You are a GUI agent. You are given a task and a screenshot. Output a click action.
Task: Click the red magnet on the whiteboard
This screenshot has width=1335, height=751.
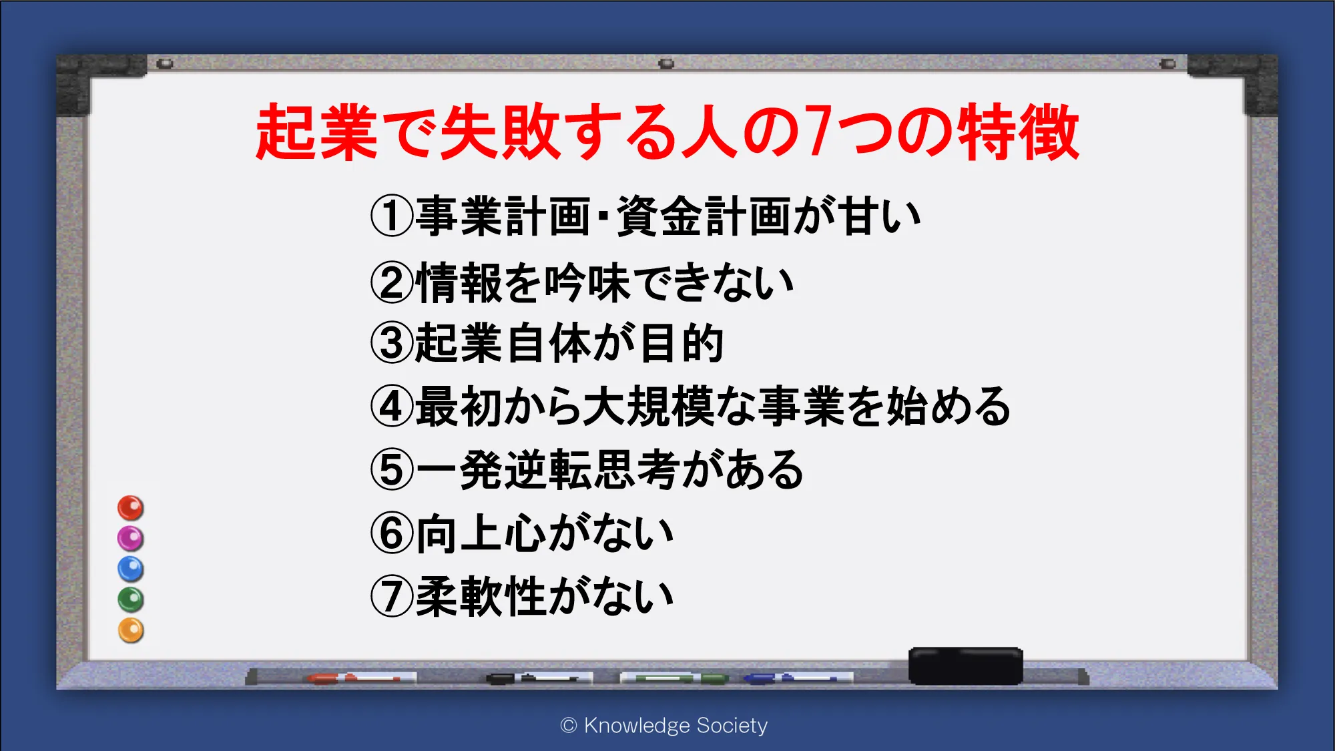[131, 508]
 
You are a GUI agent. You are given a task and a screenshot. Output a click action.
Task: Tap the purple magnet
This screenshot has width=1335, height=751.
[131, 539]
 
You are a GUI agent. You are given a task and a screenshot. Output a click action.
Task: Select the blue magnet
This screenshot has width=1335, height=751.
[131, 569]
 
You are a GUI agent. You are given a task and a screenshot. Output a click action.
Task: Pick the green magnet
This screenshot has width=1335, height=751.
[131, 599]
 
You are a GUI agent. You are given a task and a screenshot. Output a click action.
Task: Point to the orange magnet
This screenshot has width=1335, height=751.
[131, 630]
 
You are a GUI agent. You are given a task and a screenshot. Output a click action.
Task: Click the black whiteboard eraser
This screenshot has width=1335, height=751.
[965, 666]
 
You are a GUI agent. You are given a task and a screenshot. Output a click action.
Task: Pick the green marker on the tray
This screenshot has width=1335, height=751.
[674, 678]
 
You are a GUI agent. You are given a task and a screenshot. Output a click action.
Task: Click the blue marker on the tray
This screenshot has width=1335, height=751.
[798, 678]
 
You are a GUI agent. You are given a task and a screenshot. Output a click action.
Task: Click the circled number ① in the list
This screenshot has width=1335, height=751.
[392, 216]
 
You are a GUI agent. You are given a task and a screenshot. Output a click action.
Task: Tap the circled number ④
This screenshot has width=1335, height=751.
[392, 407]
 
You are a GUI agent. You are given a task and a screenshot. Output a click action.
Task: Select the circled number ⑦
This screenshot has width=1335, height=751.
[392, 597]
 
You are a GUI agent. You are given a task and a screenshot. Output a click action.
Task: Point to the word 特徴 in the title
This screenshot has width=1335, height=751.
[1018, 132]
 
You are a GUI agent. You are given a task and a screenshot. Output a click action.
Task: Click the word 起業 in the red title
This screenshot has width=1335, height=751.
[317, 132]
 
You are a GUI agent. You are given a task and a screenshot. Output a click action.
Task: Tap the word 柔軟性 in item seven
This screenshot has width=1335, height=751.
[481, 597]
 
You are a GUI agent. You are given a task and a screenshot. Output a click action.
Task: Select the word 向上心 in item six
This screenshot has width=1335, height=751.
[481, 534]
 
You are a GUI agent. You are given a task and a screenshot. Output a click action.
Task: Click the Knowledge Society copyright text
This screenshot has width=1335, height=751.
[664, 726]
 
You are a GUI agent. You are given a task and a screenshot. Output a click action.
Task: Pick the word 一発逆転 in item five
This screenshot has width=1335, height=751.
[503, 470]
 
